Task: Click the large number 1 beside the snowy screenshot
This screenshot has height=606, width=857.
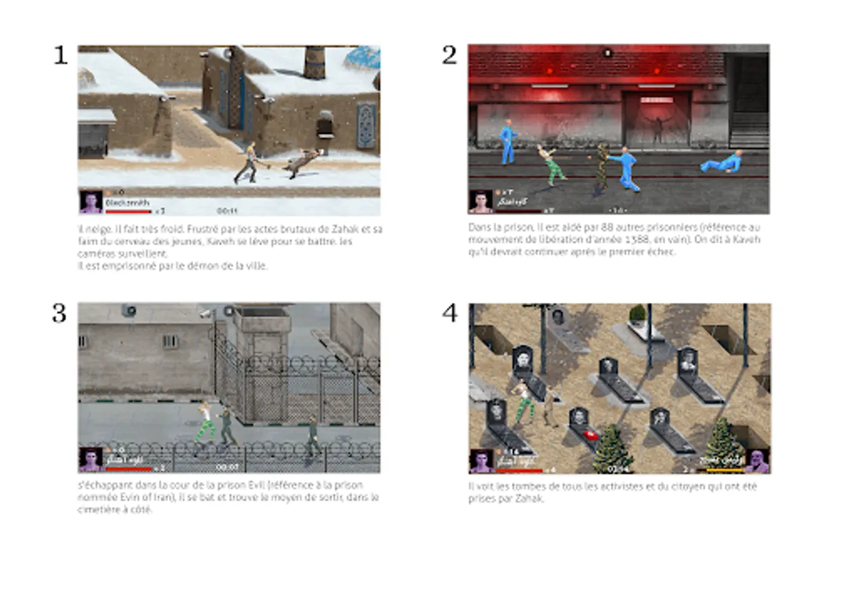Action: coord(61,55)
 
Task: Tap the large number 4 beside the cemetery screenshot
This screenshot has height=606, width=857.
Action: coord(449,313)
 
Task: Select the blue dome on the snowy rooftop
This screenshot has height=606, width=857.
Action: coord(362,58)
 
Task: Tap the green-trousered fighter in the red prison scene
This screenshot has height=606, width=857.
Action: coord(552,165)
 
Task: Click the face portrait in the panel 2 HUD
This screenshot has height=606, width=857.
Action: coord(481,201)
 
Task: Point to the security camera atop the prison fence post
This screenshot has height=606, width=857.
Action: coord(206,313)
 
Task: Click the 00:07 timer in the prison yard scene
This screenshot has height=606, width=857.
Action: coord(227,467)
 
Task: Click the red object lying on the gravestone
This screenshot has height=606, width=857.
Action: coord(588,435)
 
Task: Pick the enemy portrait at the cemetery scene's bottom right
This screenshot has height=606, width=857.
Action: coord(757,461)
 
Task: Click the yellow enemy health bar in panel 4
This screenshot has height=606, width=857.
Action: coord(720,470)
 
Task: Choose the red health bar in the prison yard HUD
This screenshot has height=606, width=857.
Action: coord(128,469)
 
